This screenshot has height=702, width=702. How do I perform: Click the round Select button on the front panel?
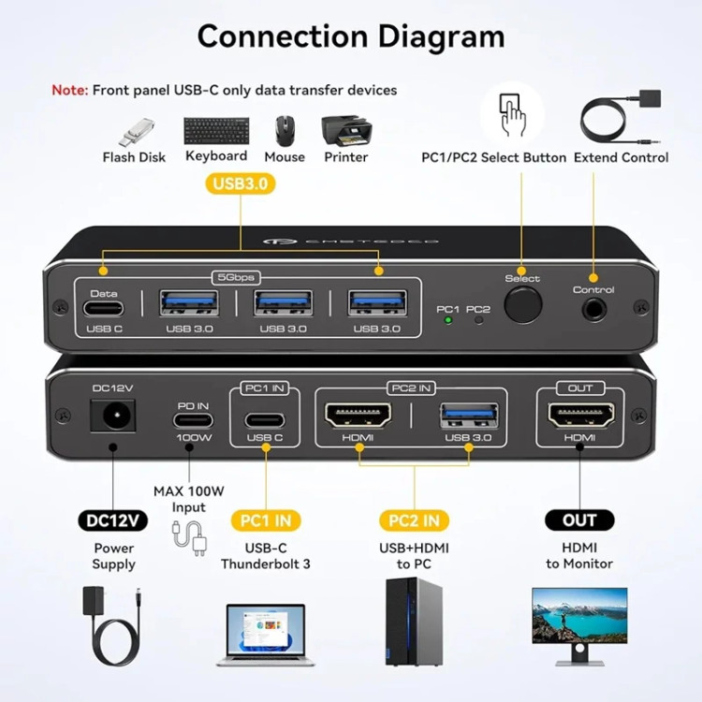pos(522,306)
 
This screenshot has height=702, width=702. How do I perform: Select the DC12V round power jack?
pos(112,414)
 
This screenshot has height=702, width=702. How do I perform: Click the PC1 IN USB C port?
pos(265,417)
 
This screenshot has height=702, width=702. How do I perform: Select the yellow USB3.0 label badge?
pos(241,183)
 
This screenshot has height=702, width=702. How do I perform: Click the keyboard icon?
pos(216,130)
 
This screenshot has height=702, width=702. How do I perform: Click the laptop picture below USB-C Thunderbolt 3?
pos(265,632)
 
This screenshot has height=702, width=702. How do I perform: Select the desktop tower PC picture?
pos(414,621)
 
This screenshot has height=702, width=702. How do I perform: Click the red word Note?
pos(68,90)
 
